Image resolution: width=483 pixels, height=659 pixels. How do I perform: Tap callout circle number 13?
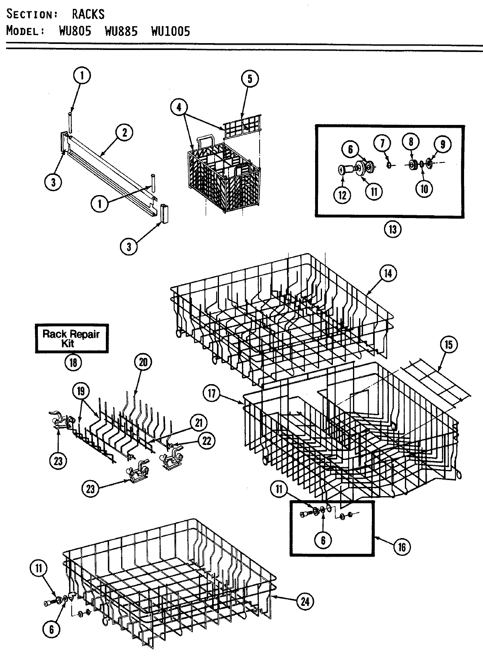pyautogui.click(x=392, y=229)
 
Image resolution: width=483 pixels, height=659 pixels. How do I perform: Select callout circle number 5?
pyautogui.click(x=250, y=79)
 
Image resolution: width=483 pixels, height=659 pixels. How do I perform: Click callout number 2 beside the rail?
pyautogui.click(x=124, y=133)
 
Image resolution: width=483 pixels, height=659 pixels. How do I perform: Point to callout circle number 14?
pyautogui.click(x=387, y=273)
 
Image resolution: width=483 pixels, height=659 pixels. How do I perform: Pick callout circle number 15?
pyautogui.click(x=448, y=345)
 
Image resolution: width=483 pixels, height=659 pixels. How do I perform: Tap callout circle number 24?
pyautogui.click(x=305, y=602)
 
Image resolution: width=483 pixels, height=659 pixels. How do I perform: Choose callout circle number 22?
pyautogui.click(x=206, y=441)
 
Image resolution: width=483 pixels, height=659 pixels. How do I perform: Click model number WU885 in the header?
pyautogui.click(x=121, y=31)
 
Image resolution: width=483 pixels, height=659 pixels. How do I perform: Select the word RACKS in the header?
pyautogui.click(x=88, y=14)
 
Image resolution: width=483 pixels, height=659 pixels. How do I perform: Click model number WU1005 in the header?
pyautogui.click(x=170, y=31)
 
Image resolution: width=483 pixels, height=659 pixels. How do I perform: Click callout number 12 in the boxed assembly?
pyautogui.click(x=343, y=195)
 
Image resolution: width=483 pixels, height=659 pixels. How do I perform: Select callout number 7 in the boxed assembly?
pyautogui.click(x=382, y=142)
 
